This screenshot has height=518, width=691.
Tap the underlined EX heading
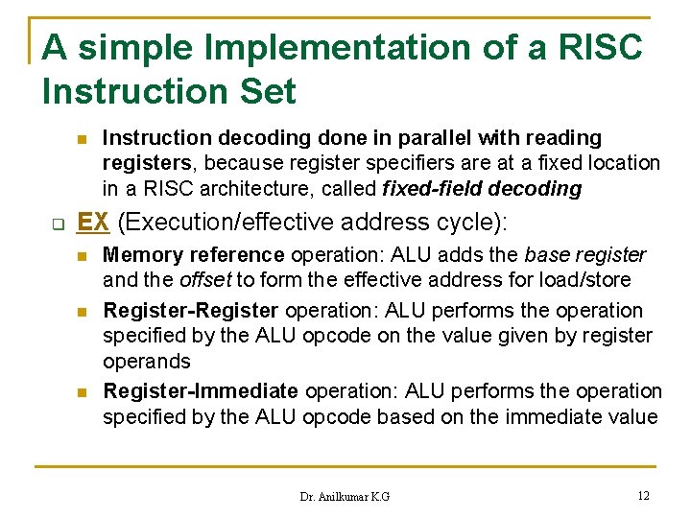coord(92,222)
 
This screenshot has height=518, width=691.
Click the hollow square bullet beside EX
coord(56,224)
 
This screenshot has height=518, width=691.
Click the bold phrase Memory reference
coord(193,255)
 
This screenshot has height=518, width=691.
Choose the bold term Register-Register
coord(190,311)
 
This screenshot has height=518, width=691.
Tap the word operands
coord(147,362)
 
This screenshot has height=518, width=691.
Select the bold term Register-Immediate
coord(201,391)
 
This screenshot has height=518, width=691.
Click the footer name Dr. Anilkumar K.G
coord(345,496)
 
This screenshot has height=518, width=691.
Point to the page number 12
coord(643,495)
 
